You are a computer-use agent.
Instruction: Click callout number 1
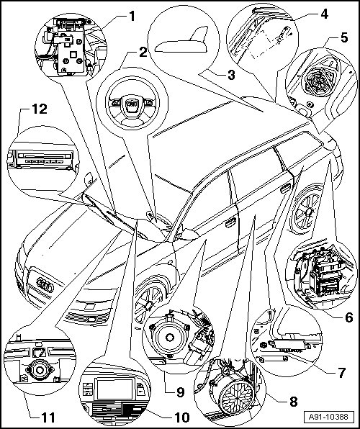tap(132, 17)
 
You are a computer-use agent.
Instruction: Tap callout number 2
tap(143, 52)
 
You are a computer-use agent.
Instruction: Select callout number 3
tap(231, 74)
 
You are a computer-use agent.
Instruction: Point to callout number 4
tap(325, 14)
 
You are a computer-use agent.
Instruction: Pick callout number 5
tap(344, 37)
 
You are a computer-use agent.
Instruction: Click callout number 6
tap(348, 317)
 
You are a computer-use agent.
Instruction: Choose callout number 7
tap(341, 373)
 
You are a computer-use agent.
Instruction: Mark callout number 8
tap(293, 402)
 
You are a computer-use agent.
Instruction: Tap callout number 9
tap(181, 392)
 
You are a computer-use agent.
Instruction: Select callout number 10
tap(182, 417)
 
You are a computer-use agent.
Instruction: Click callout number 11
tap(48, 417)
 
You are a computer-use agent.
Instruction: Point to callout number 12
tap(40, 109)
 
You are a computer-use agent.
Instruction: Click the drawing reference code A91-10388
tap(328, 417)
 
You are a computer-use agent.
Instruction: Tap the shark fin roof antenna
tap(184, 42)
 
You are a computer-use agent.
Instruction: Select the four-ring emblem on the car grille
tap(45, 284)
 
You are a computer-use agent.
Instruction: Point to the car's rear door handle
tap(286, 189)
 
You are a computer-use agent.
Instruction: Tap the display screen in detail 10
tap(115, 389)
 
